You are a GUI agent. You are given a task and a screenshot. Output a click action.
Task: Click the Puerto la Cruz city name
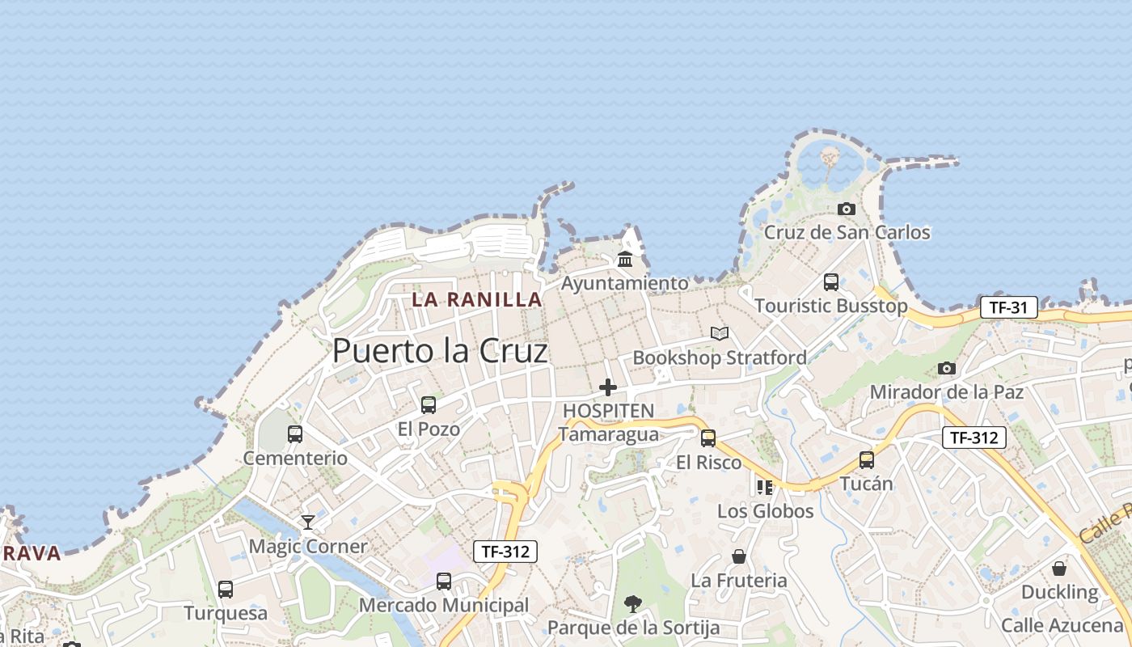point(440,350)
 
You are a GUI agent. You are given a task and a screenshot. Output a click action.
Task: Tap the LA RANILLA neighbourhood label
point(476,299)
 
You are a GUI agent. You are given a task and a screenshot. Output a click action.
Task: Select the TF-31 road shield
point(1008,307)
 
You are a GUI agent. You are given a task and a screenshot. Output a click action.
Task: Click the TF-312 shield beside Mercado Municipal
point(505,552)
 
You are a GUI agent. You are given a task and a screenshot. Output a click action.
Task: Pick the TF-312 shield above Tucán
point(974,438)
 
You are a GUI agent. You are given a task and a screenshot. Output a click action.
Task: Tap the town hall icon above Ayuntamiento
point(625,260)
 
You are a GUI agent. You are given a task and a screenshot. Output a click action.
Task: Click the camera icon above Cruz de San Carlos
point(847,209)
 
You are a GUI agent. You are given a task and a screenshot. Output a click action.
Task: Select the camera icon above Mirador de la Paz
point(947,369)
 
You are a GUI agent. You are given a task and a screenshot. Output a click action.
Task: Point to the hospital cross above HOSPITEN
point(608,387)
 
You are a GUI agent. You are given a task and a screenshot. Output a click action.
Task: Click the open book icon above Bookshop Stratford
point(720,333)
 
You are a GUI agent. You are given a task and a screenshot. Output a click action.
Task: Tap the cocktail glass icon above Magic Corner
point(308,522)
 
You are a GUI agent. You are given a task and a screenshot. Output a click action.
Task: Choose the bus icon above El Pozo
point(429,405)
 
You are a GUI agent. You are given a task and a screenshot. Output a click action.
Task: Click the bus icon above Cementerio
point(295,434)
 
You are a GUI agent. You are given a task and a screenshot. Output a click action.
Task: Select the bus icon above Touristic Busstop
point(831,282)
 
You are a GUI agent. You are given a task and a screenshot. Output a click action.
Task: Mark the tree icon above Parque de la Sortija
point(633,603)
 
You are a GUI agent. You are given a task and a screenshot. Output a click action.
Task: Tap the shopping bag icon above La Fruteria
point(739,556)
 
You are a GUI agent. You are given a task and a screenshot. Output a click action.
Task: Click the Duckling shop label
point(1059,592)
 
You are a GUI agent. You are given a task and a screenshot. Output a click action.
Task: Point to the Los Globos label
point(765,511)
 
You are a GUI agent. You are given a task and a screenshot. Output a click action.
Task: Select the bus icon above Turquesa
point(226,590)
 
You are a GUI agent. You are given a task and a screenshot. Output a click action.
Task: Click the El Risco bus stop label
point(708,463)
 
